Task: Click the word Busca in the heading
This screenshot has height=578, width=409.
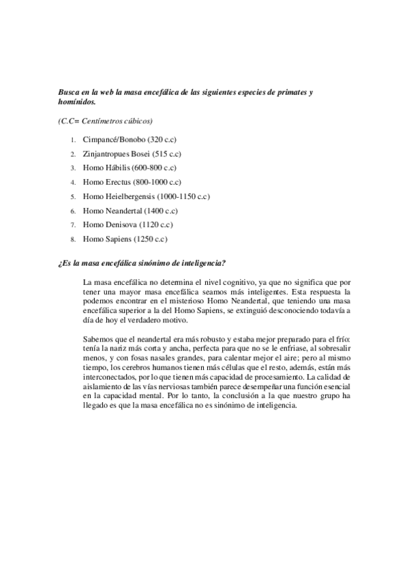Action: pos(70,92)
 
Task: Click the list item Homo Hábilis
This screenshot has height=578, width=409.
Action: pos(108,168)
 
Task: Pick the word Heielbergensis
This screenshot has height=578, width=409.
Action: pos(132,196)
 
